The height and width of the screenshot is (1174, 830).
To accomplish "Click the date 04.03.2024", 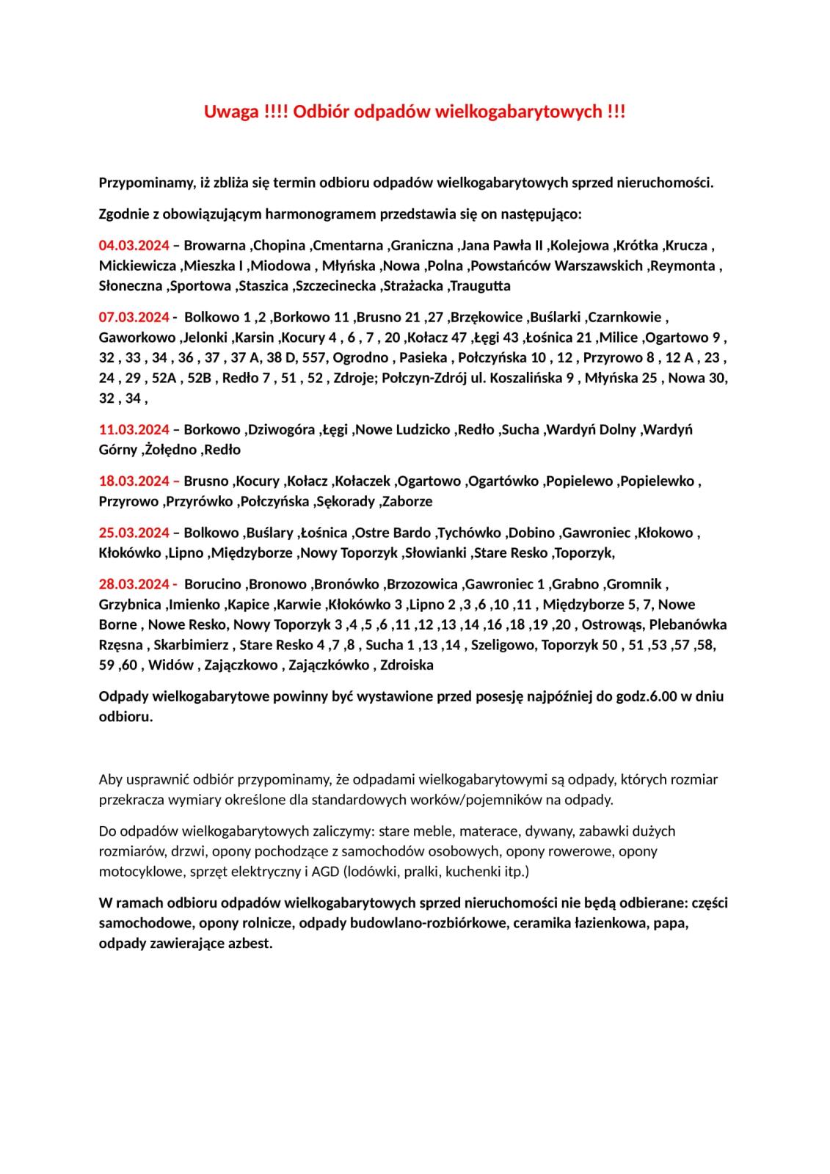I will click(x=134, y=245).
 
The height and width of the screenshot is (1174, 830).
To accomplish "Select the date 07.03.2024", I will click(x=134, y=317).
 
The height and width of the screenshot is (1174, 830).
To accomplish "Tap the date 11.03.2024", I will click(x=134, y=429).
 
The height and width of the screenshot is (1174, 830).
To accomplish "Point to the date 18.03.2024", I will click(x=134, y=481).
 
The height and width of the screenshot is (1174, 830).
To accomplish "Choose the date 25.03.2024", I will click(x=134, y=533).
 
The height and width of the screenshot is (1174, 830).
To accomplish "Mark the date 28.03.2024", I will click(x=134, y=584).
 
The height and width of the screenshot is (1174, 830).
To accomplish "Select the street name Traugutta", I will click(x=481, y=285).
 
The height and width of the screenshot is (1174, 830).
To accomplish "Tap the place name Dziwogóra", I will click(x=283, y=429).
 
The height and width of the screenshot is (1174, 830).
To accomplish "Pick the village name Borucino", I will click(x=213, y=584).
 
